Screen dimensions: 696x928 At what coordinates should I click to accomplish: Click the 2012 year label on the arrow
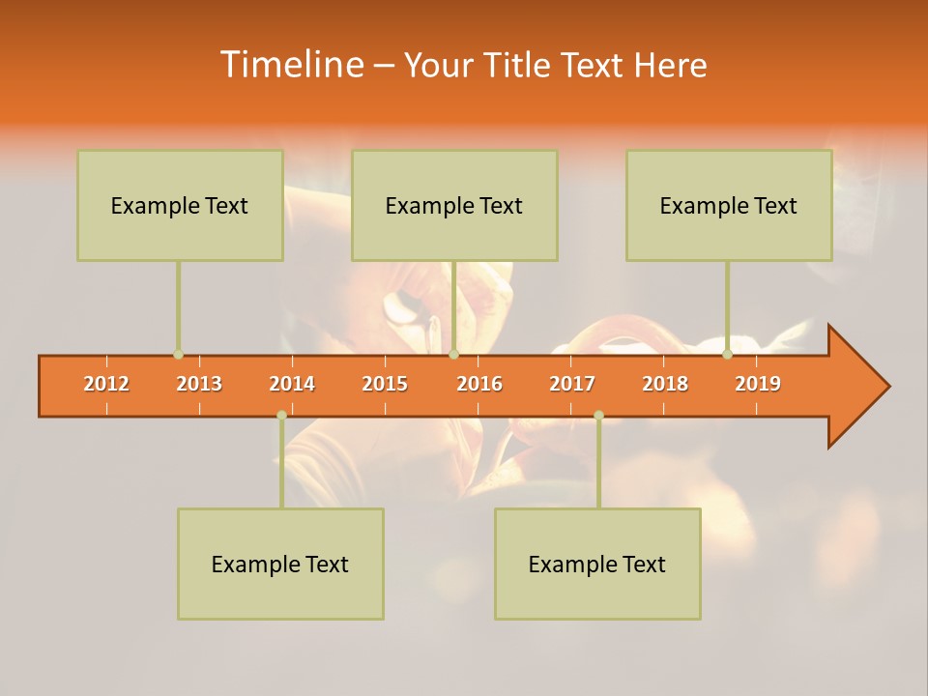coord(106,384)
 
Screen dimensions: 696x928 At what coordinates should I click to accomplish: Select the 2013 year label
coord(199,384)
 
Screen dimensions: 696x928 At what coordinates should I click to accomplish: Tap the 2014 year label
coord(292,384)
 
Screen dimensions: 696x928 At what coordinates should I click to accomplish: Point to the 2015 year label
coord(385,384)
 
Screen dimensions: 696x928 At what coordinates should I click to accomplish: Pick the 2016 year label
coord(479,384)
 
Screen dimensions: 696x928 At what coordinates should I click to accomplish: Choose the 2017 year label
coord(572,384)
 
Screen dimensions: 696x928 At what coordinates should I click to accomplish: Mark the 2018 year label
coord(665,384)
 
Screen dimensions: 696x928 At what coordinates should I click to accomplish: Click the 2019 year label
coord(758,384)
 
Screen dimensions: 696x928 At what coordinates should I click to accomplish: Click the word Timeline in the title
coord(291,65)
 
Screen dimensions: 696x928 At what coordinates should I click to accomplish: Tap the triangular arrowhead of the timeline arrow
coord(856,387)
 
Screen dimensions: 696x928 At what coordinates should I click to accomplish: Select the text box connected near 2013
coord(180,205)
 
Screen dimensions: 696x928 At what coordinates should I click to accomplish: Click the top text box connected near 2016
coord(454,205)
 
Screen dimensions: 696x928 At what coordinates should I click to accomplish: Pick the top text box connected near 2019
coord(729,205)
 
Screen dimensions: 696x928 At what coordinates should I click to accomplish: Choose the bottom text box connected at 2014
coord(280,564)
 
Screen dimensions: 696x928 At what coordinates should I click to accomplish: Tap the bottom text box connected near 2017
coord(597,564)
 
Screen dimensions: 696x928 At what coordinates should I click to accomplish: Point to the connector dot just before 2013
coord(178,355)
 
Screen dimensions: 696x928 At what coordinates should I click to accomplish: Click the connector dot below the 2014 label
coord(281,415)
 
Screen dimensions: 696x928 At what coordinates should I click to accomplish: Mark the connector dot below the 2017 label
coord(598,415)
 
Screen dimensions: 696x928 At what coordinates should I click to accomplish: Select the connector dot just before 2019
coord(727,355)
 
